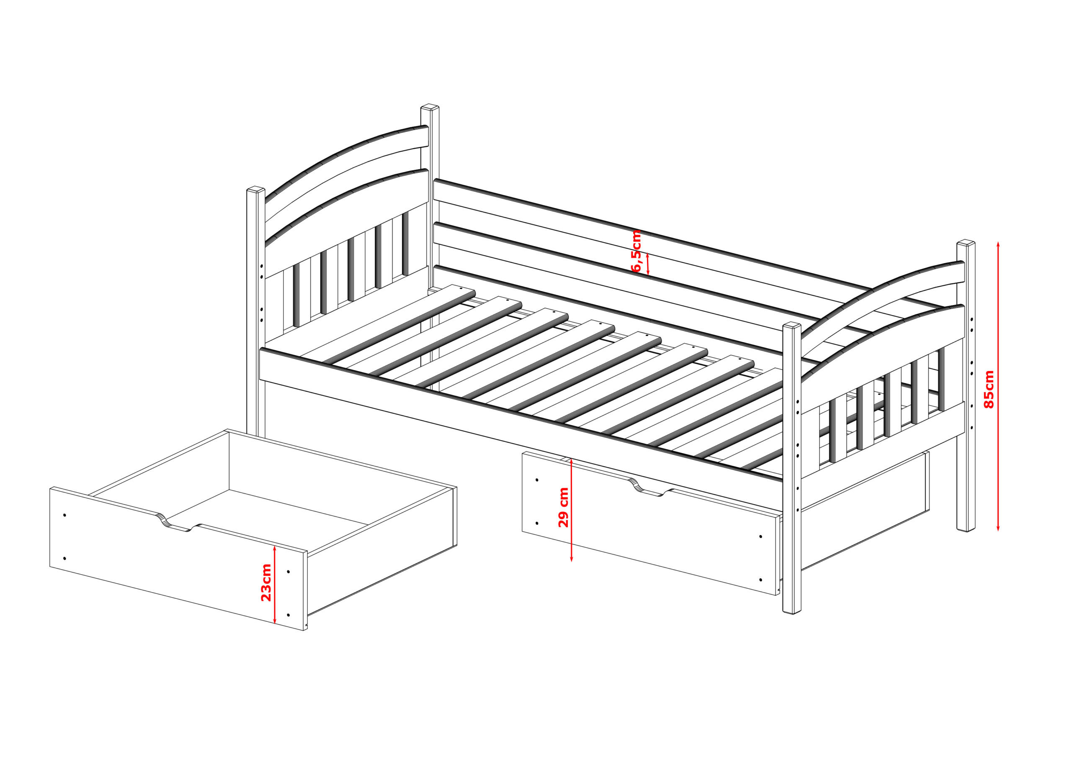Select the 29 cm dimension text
coord(564,507)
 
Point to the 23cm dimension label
coord(265,583)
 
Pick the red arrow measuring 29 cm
coord(571,509)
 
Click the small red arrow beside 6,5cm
coord(647,264)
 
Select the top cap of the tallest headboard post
coord(430,108)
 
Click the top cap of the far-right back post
coord(966,243)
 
